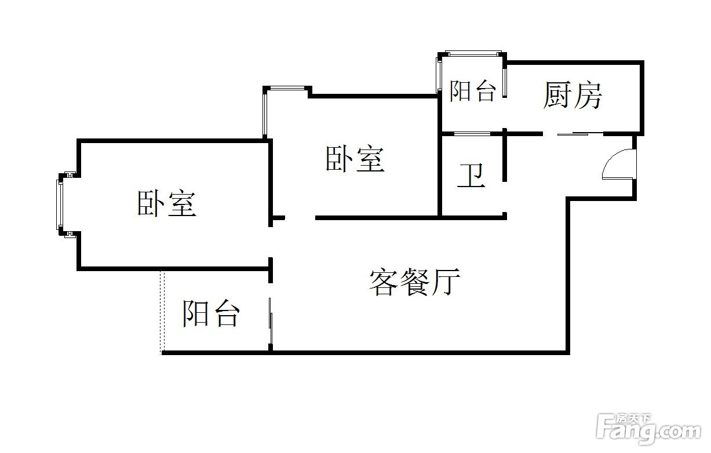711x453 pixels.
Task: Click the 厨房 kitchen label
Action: (573, 96)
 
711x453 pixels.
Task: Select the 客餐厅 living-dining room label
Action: (415, 282)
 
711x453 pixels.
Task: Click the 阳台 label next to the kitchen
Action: (473, 92)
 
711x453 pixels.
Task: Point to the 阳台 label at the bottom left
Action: (211, 313)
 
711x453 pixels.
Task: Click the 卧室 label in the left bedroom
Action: (167, 203)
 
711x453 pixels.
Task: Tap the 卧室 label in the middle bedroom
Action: (355, 159)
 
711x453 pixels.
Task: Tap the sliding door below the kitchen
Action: (580, 134)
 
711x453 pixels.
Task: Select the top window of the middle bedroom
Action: (287, 89)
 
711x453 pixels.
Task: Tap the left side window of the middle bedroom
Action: (265, 114)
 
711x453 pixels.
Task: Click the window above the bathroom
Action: (472, 134)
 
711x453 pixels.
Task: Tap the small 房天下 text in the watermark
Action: (641, 417)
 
